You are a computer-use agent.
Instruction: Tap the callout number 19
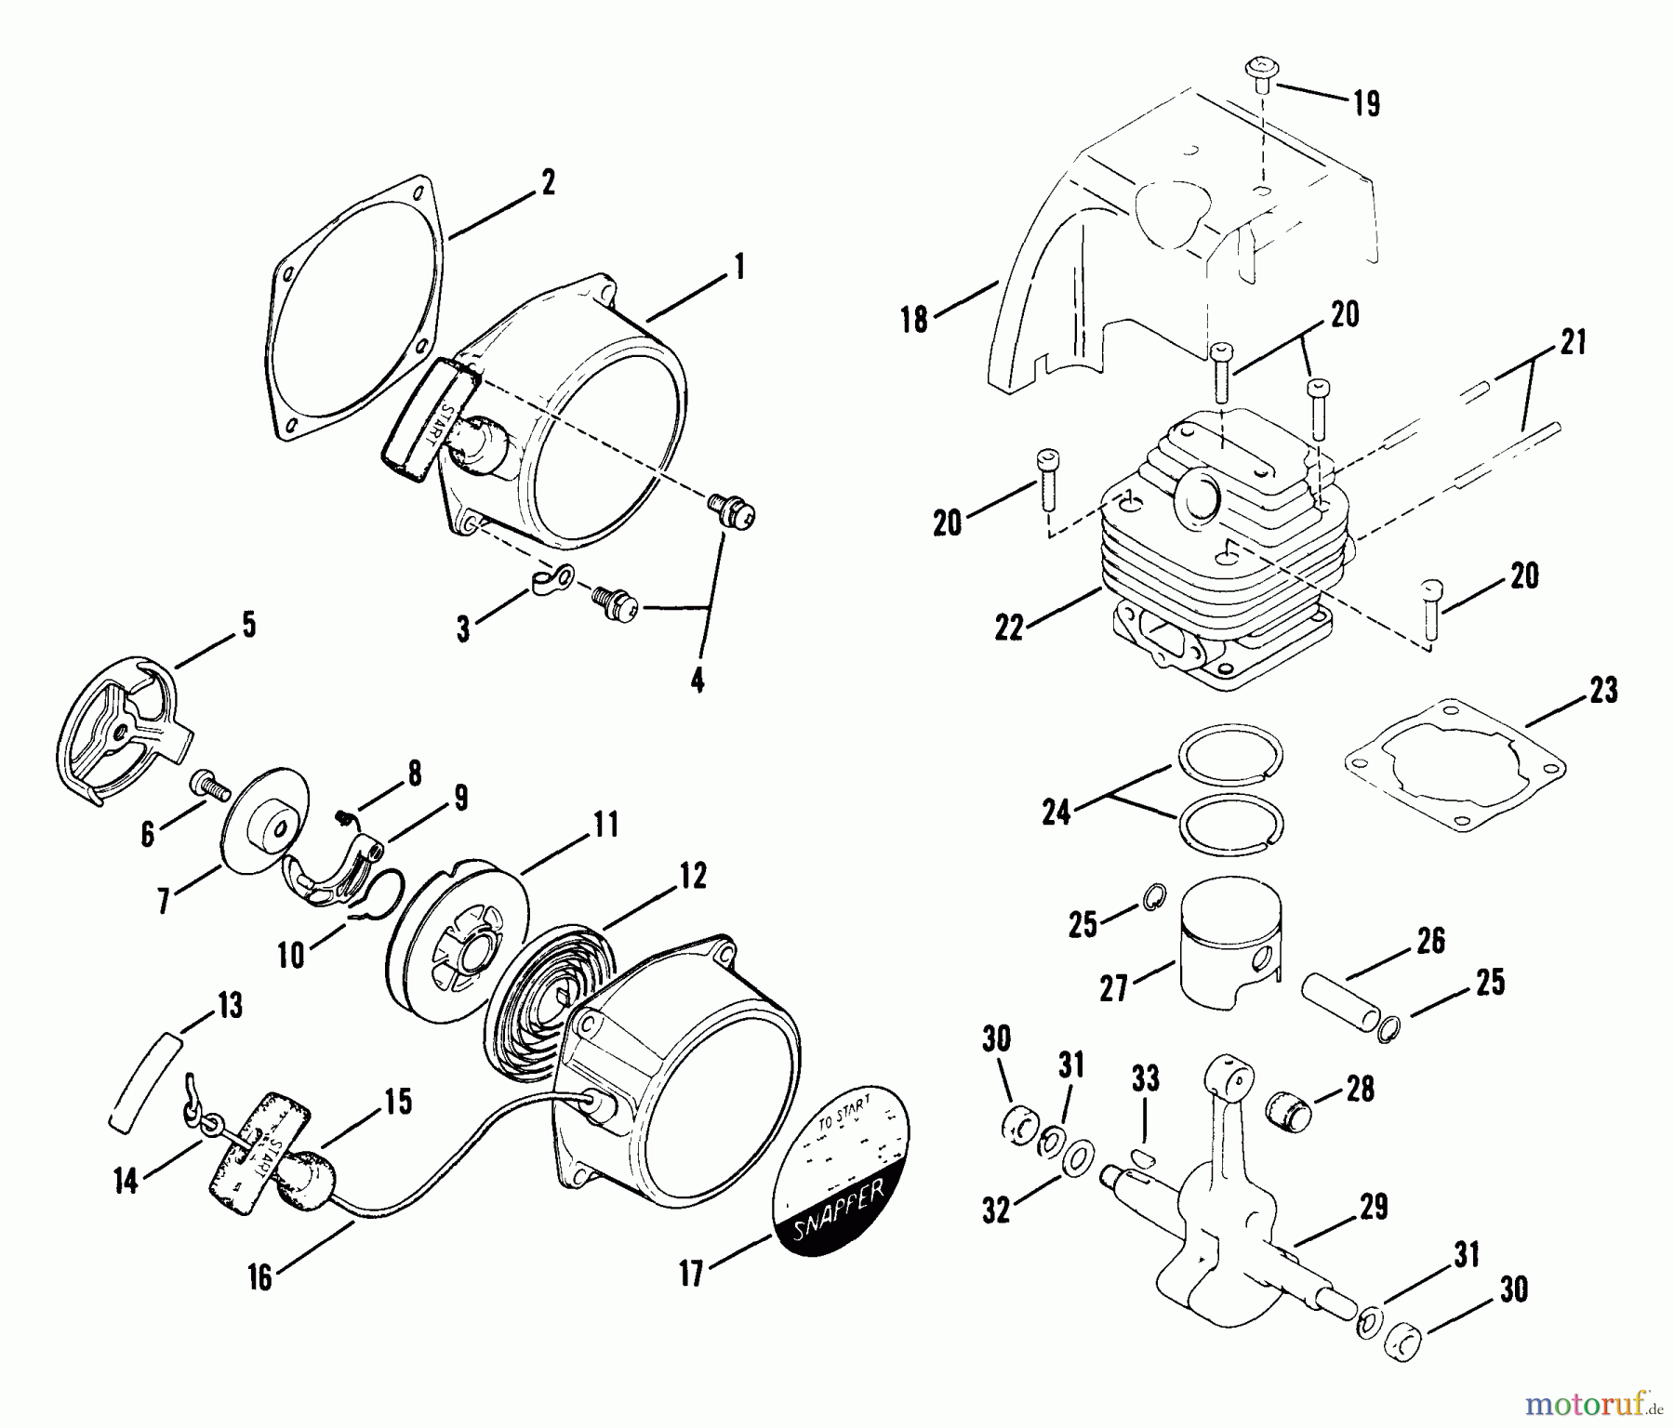[1365, 103]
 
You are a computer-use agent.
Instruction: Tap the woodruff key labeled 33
[1143, 1157]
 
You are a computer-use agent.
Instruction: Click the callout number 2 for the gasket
[548, 182]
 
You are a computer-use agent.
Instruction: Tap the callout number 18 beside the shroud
[915, 320]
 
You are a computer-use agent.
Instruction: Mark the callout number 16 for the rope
[259, 1277]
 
